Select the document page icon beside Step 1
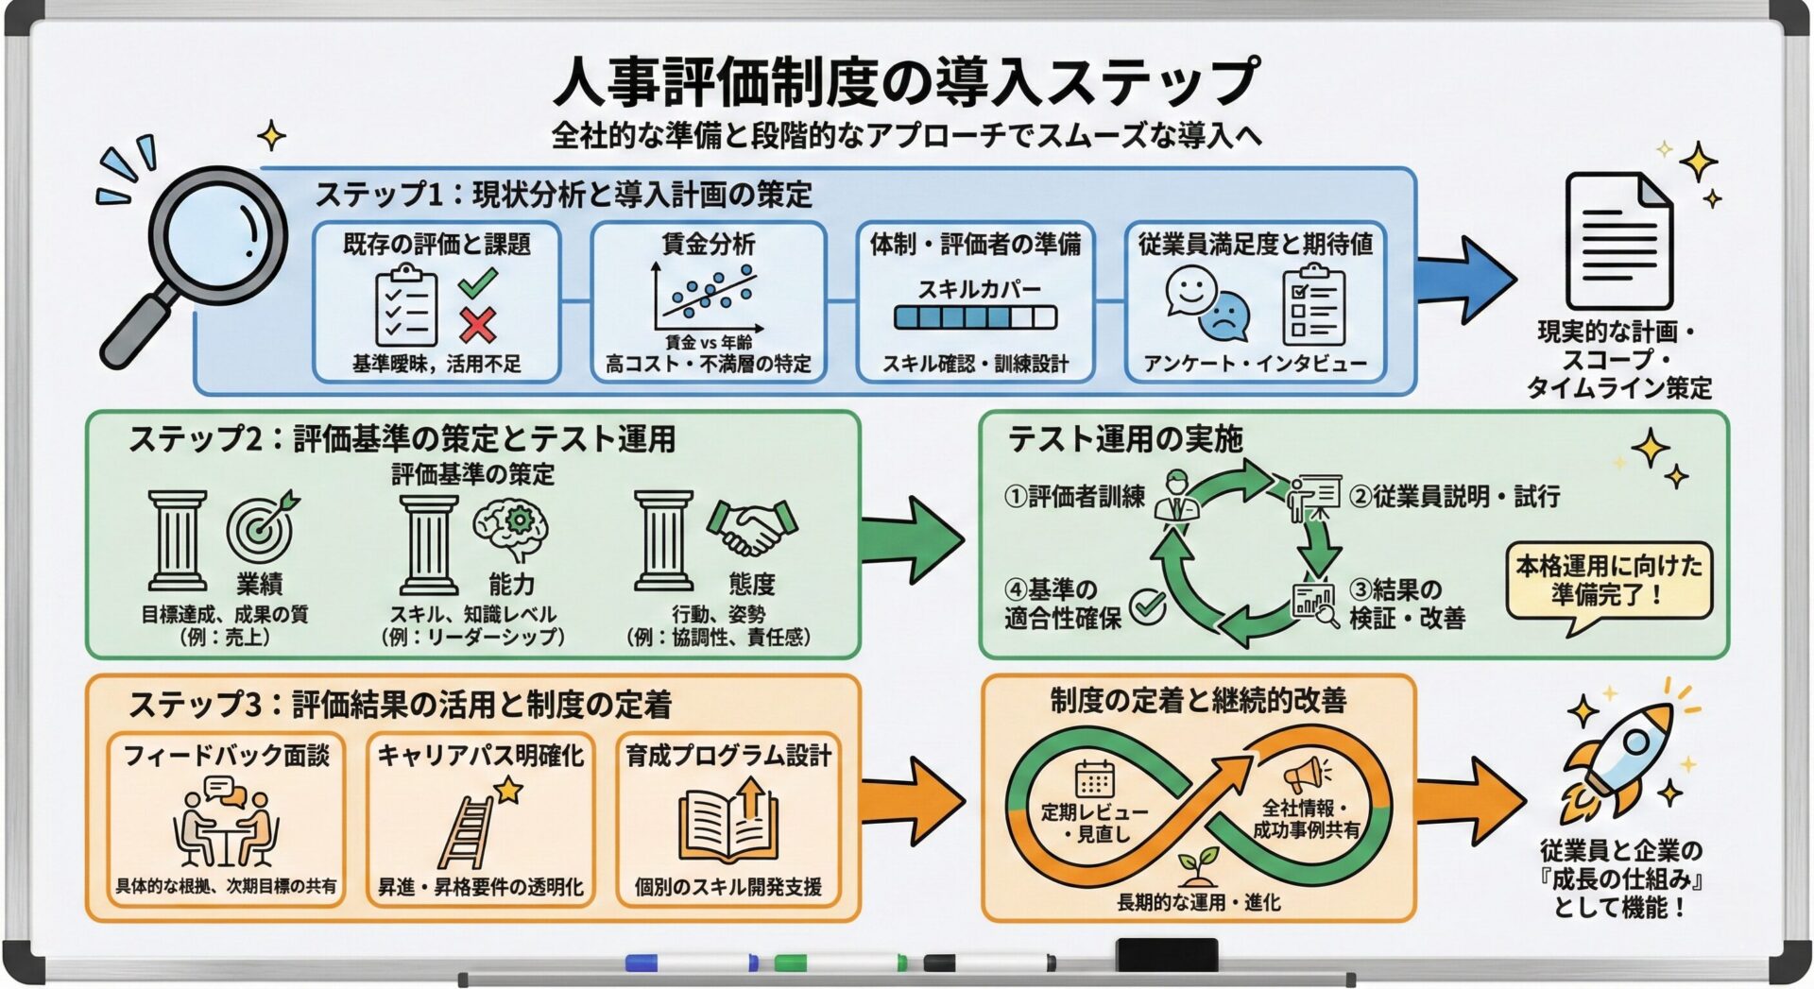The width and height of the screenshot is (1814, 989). pos(1617,241)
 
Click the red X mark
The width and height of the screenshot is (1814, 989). pos(478,325)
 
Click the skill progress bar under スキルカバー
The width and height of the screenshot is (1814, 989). pos(975,317)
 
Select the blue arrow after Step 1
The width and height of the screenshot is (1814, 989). pos(1466,280)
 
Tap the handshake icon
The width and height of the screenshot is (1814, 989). pos(752,527)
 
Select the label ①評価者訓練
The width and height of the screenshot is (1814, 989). pos(1075,496)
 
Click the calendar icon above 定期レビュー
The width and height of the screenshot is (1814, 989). pos(1094,779)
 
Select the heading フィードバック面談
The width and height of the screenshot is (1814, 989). pos(227,756)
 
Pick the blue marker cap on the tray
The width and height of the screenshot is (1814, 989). pos(642,963)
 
